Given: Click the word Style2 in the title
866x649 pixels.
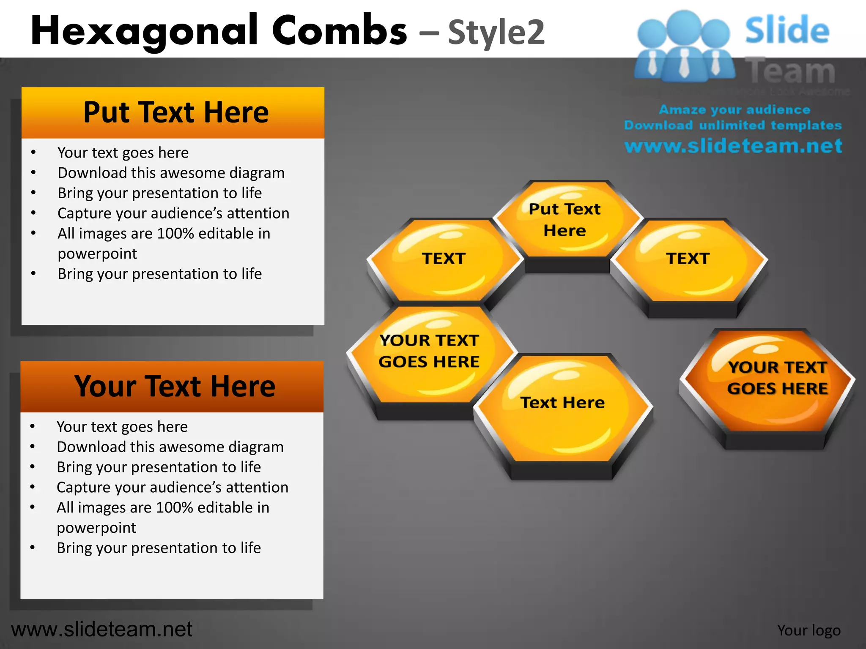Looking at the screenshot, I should tap(496, 33).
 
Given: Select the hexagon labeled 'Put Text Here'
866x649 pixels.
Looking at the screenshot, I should tap(565, 220).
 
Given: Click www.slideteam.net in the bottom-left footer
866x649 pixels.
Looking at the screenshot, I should tap(101, 629).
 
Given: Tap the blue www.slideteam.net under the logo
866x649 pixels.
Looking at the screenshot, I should tap(733, 146).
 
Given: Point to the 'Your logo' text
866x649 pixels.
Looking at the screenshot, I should tap(808, 630).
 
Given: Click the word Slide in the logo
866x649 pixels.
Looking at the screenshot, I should tap(787, 30).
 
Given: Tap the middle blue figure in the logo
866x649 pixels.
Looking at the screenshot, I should tap(684, 46).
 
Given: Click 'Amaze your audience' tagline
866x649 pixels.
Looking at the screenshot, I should tap(734, 110).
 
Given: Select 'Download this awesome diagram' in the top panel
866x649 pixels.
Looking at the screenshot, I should tap(171, 173).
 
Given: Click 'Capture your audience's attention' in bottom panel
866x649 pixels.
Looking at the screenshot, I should tap(172, 487).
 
